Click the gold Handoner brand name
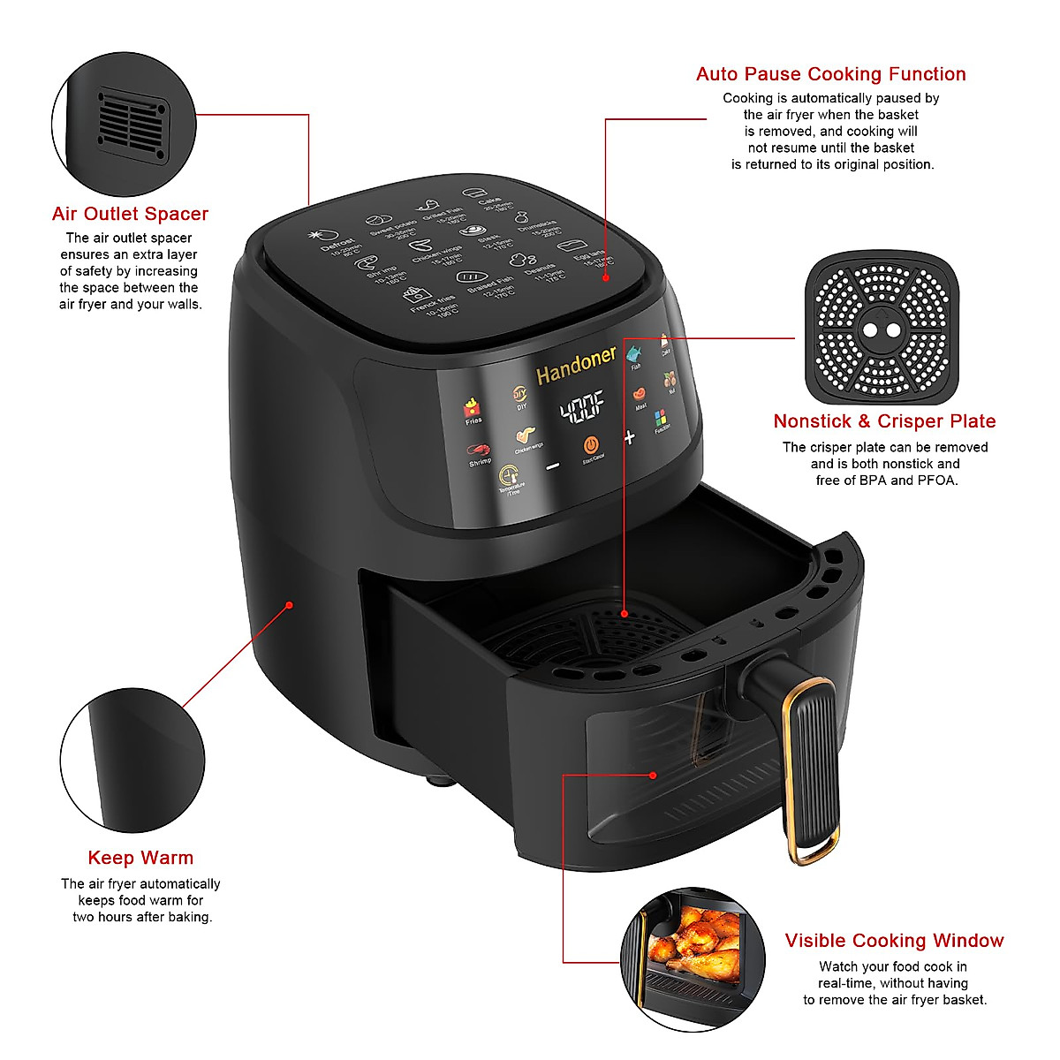[576, 365]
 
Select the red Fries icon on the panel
[473, 408]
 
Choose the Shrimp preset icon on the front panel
[478, 451]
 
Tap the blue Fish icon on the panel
[634, 355]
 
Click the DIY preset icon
[520, 395]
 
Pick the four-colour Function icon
[661, 418]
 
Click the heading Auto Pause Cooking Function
[830, 74]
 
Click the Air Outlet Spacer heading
[130, 214]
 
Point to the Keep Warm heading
[140, 858]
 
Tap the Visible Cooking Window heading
[894, 941]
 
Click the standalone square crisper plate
[882, 329]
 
